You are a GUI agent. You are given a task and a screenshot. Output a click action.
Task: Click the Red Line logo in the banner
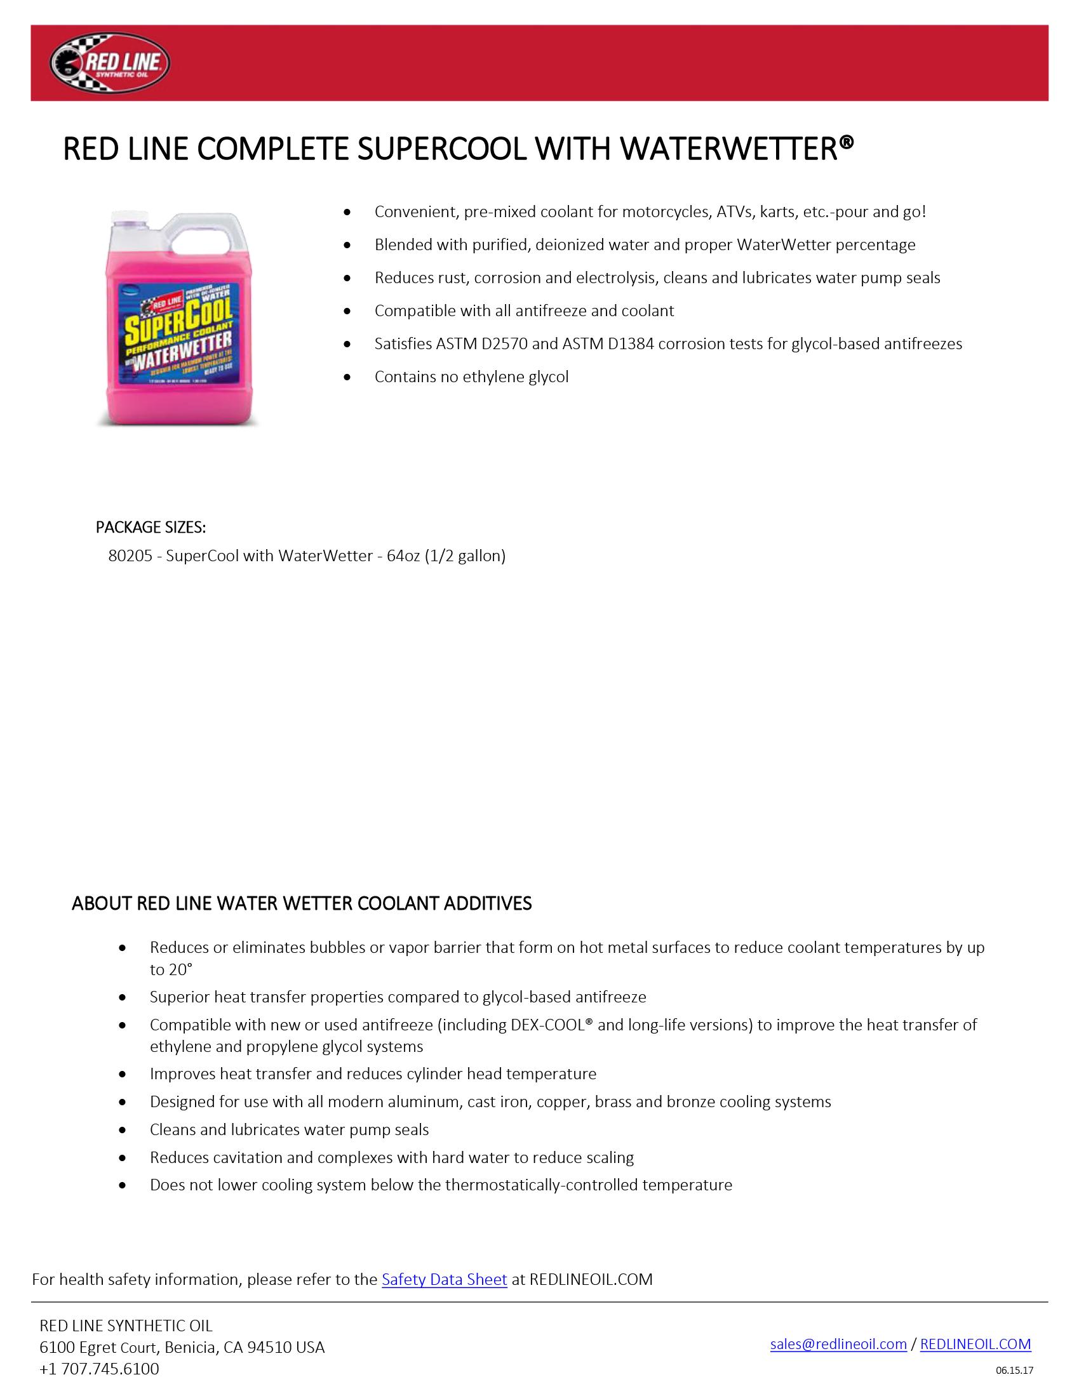pos(109,63)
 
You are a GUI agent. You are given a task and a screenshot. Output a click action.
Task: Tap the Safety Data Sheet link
pos(444,1279)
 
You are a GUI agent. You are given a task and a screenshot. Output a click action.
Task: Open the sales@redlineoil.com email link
pos(838,1344)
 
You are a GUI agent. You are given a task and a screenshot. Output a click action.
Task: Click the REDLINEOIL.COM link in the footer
pos(975,1344)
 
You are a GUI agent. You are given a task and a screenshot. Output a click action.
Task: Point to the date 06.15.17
pos(1014,1371)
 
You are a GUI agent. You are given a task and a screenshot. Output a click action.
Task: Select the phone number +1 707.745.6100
pos(99,1369)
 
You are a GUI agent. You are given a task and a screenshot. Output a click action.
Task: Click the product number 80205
pos(130,556)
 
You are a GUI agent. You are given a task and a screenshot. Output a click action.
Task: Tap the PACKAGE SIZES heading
pos(151,528)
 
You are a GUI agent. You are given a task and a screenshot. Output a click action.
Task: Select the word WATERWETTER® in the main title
pos(736,149)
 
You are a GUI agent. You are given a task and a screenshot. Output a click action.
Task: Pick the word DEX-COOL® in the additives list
pos(552,1025)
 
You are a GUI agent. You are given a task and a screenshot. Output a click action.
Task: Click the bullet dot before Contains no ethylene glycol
pos(347,377)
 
